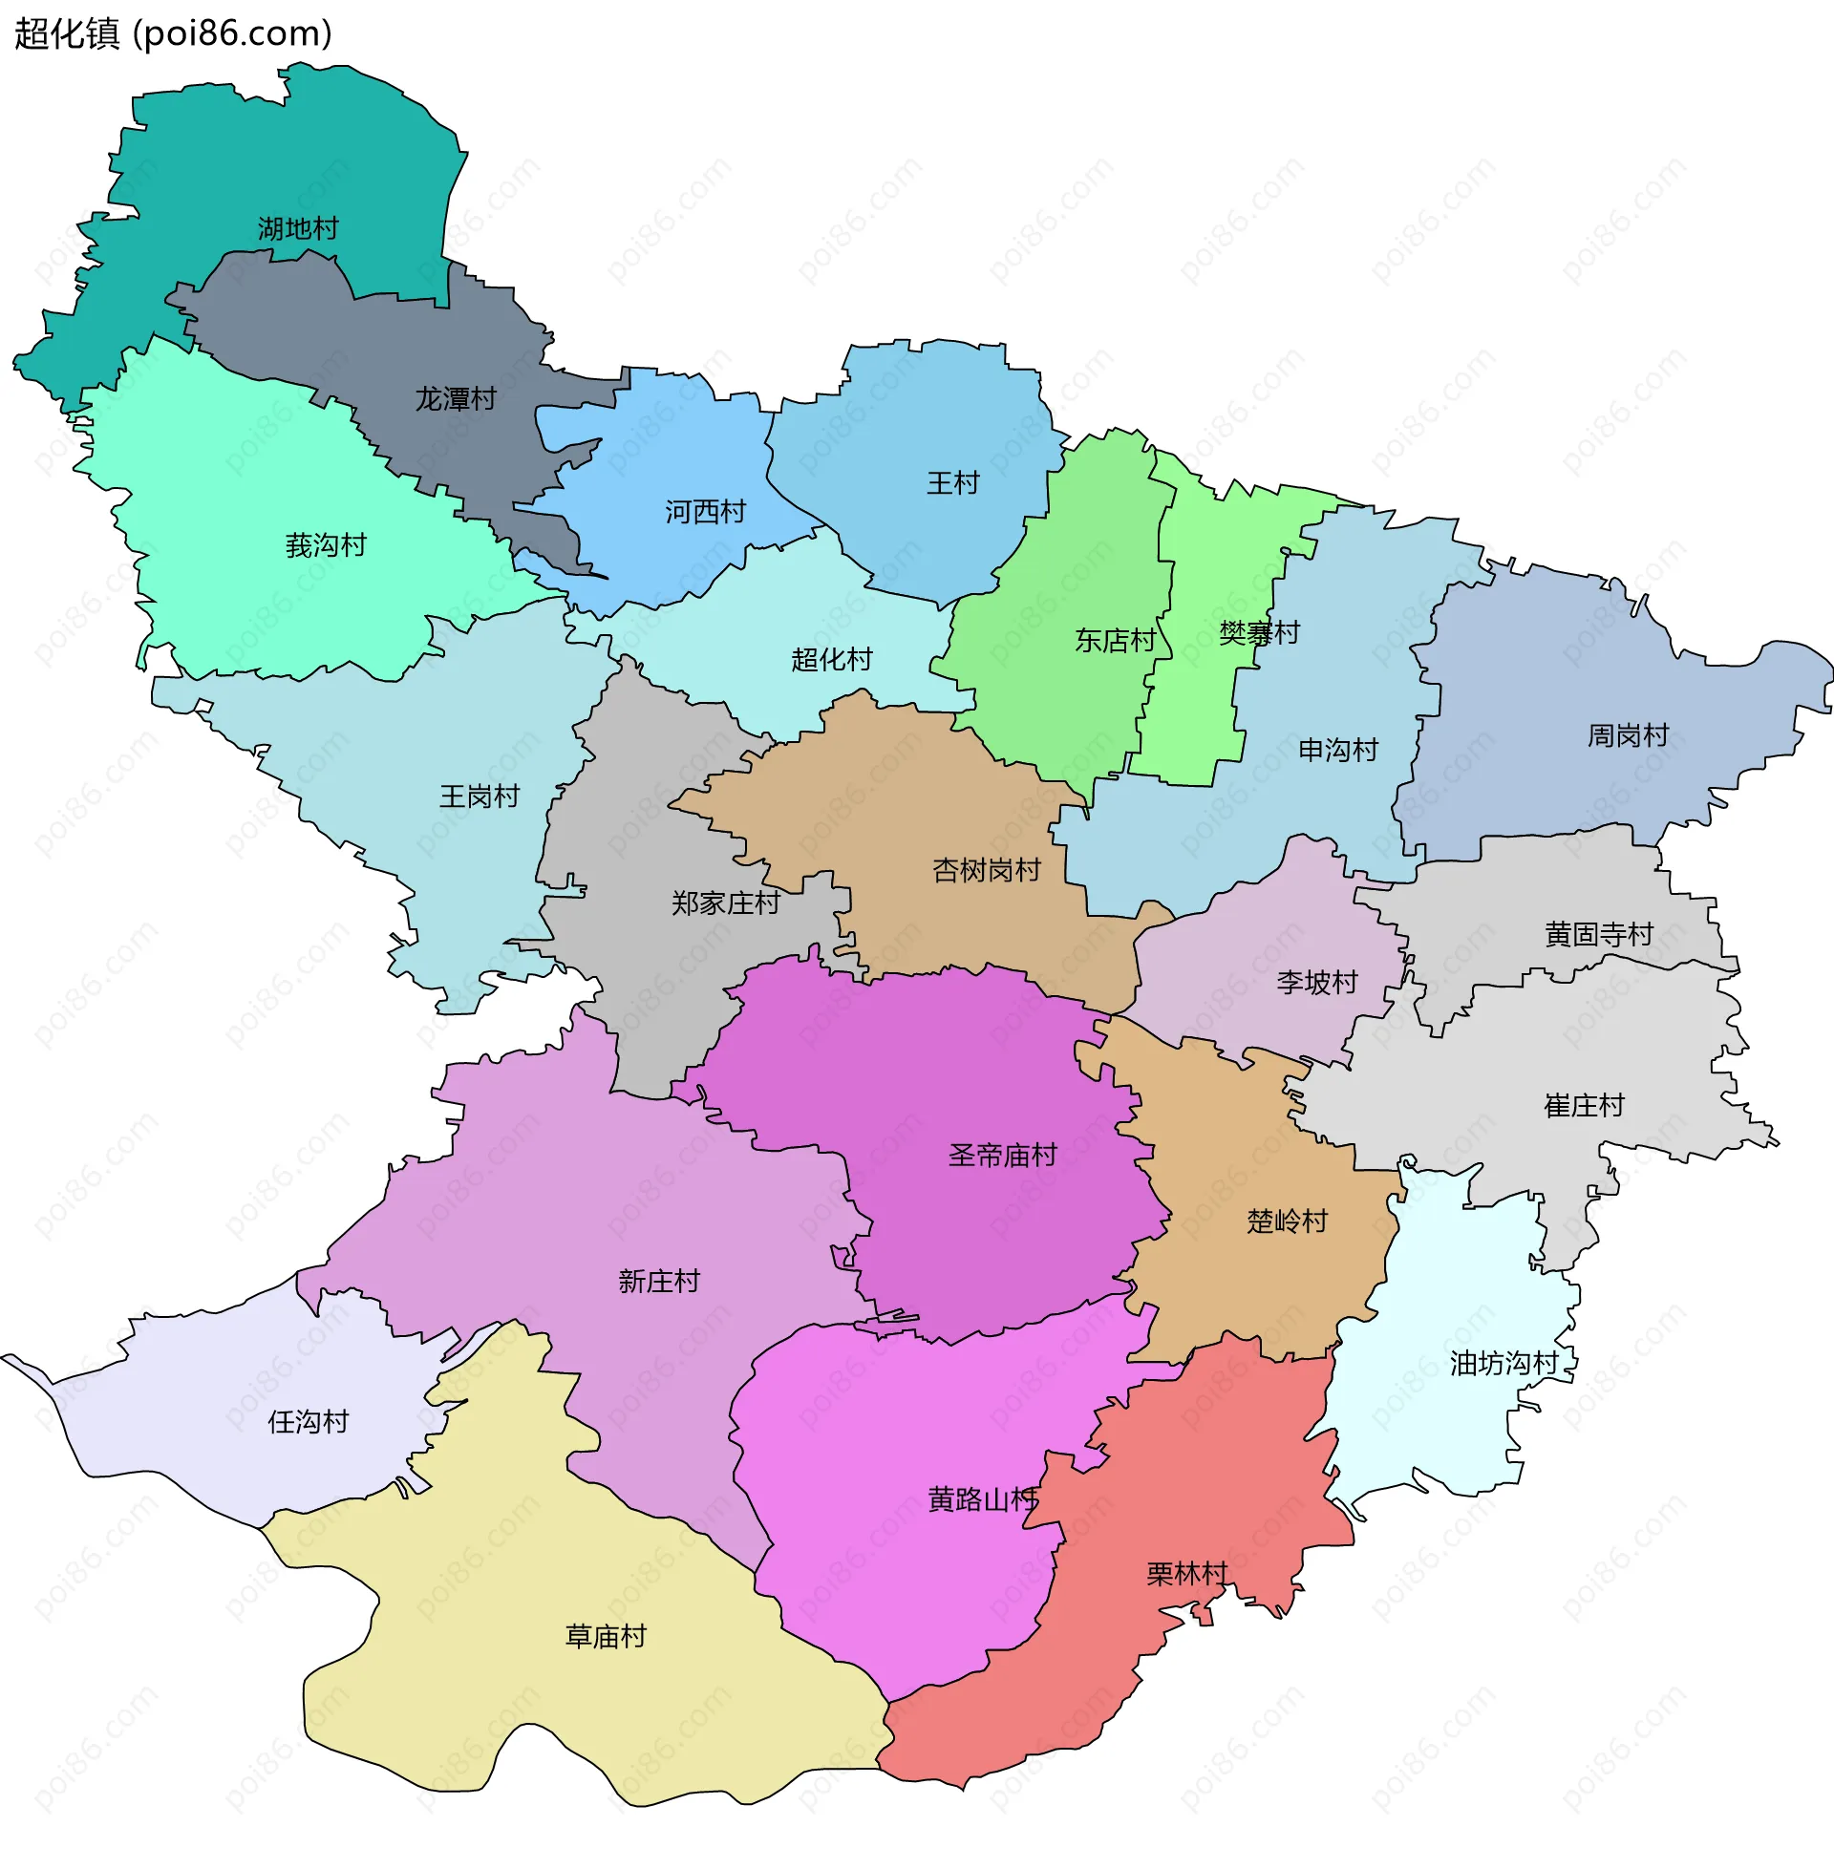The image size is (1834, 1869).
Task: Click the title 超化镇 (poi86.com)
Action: coord(174,33)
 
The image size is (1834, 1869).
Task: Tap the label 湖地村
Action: coord(298,229)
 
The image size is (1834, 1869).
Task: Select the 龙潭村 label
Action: coord(456,398)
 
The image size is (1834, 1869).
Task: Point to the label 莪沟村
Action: coord(326,546)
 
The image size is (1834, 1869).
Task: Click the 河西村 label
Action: coord(705,512)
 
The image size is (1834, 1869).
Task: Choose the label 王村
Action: coord(952,483)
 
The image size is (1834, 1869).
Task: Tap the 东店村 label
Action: coord(1116,640)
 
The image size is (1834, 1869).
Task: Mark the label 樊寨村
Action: coord(1259,633)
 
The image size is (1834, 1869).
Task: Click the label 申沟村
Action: coord(1338,750)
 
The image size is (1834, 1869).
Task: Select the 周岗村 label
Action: coord(1628,735)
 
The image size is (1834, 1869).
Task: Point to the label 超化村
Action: coord(831,660)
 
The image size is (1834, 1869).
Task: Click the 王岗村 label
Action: coord(479,796)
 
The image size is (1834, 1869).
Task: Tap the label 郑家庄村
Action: coord(725,903)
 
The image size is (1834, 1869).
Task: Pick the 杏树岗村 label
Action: coord(987,870)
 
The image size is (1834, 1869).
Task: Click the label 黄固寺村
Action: coord(1599,934)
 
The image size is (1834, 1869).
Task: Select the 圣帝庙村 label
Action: coord(1003,1156)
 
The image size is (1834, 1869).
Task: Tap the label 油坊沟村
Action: coord(1503,1364)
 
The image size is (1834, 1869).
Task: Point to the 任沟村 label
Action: coord(308,1422)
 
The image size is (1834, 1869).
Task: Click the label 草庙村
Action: coord(605,1637)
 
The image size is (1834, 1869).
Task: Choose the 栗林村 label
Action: coord(1186,1574)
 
